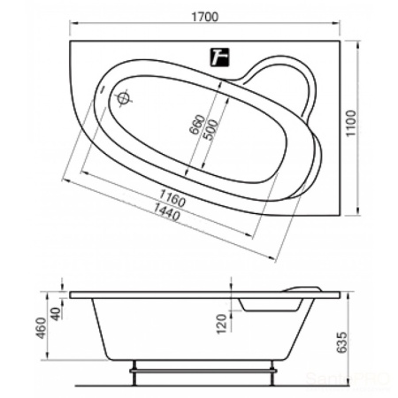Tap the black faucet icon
[x=219, y=57]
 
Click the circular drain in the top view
[x=123, y=98]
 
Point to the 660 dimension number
[x=196, y=125]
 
